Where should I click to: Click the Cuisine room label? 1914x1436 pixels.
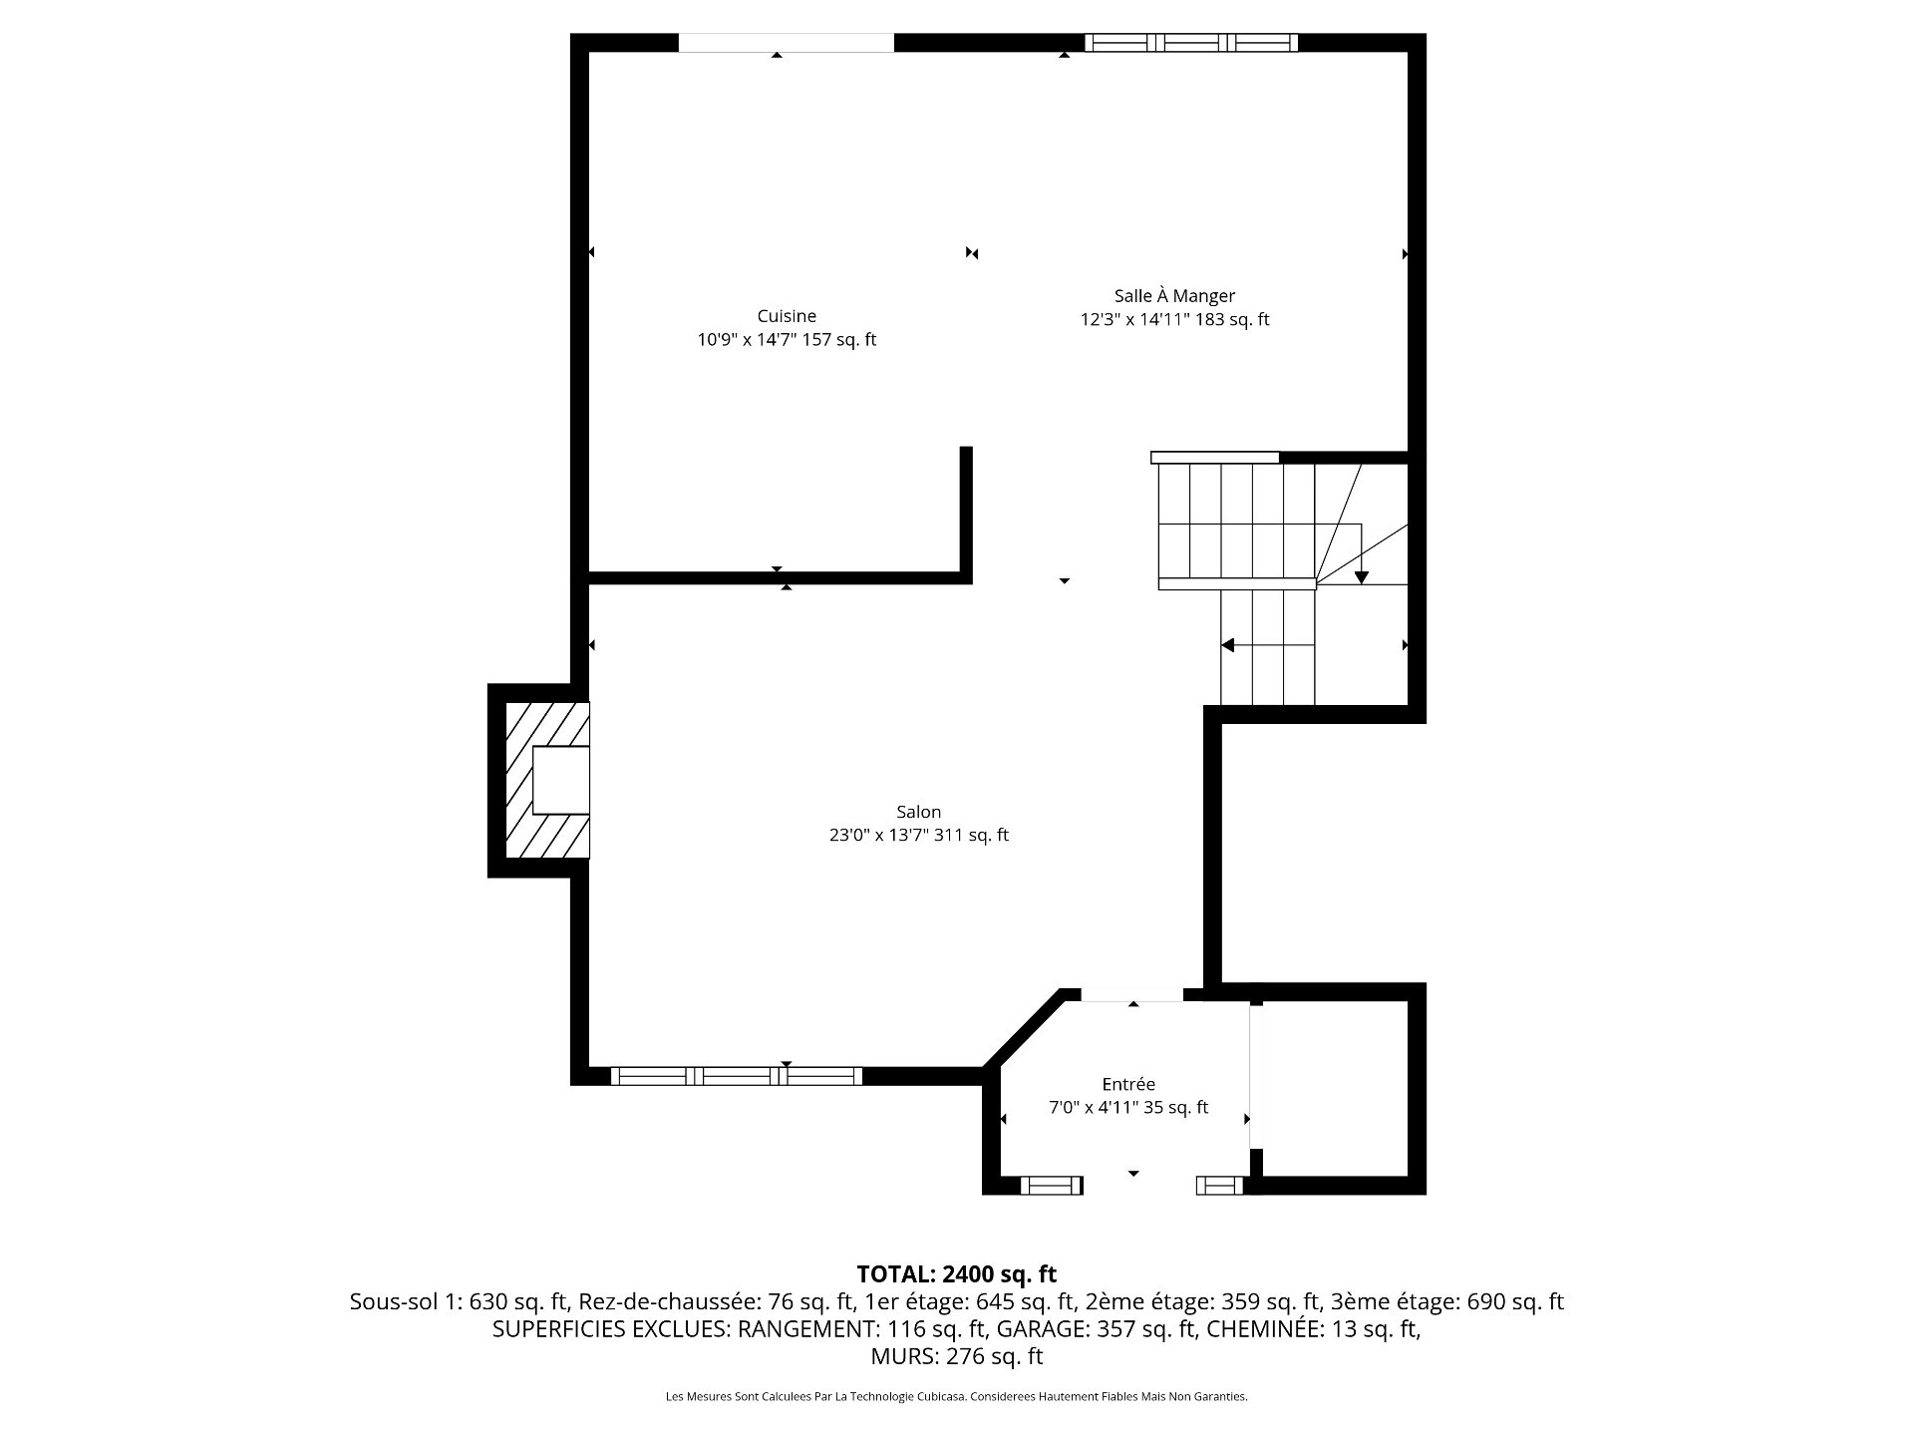(787, 316)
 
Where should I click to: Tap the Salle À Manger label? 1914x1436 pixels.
(1174, 296)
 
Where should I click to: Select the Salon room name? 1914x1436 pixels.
(918, 812)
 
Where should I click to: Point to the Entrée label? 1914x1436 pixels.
(1128, 1084)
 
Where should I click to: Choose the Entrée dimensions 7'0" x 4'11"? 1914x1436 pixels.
(1094, 1108)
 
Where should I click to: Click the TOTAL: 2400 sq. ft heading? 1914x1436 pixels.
(956, 1274)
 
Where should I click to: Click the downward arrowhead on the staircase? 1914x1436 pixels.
(1362, 577)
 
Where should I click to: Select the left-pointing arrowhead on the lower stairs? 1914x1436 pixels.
(1228, 645)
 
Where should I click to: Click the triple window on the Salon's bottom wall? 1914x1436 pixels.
(737, 1076)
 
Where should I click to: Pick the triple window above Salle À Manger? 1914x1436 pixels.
(1191, 42)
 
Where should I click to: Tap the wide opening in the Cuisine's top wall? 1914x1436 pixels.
(787, 42)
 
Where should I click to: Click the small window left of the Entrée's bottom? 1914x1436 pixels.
(1052, 1185)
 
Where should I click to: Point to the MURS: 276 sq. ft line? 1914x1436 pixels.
(956, 1356)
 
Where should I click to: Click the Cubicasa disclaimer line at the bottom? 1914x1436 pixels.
(956, 1397)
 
